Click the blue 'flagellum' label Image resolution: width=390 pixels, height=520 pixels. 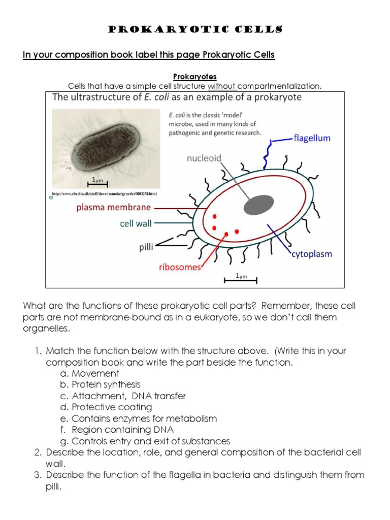point(312,138)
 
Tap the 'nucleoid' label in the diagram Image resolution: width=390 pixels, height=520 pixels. point(204,158)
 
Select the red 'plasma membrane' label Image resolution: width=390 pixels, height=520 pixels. point(114,207)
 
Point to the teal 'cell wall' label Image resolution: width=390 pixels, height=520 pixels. point(136,223)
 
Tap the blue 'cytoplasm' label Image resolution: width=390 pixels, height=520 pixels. point(311,253)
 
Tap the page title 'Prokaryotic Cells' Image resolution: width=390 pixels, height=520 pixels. point(195,30)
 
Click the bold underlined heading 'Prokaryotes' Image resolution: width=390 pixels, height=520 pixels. point(195,77)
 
